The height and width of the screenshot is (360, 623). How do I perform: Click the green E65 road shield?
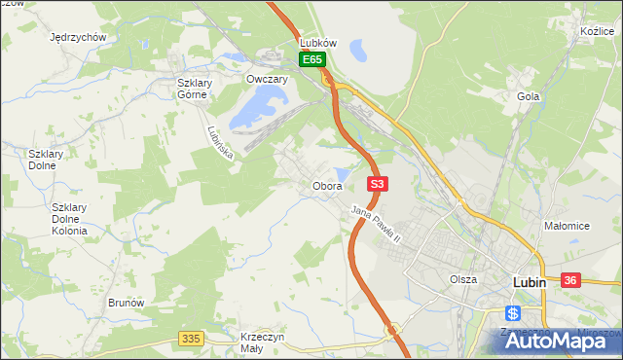click(x=311, y=60)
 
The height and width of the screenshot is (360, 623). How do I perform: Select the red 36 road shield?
click(x=570, y=280)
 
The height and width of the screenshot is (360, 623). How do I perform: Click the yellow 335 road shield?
click(x=191, y=339)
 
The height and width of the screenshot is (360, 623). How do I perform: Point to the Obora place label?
click(x=326, y=186)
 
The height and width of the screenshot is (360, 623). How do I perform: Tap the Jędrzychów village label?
click(x=77, y=37)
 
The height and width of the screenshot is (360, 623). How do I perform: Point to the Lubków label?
click(x=318, y=44)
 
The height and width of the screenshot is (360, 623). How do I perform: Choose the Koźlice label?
click(x=596, y=32)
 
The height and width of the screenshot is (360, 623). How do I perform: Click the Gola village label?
click(x=529, y=97)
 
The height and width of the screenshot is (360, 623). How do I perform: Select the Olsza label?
click(x=463, y=279)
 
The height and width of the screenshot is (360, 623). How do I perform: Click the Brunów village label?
click(x=127, y=303)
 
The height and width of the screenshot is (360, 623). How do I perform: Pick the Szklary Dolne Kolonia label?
click(x=69, y=219)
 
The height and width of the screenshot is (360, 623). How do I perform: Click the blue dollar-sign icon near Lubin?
click(x=513, y=313)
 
